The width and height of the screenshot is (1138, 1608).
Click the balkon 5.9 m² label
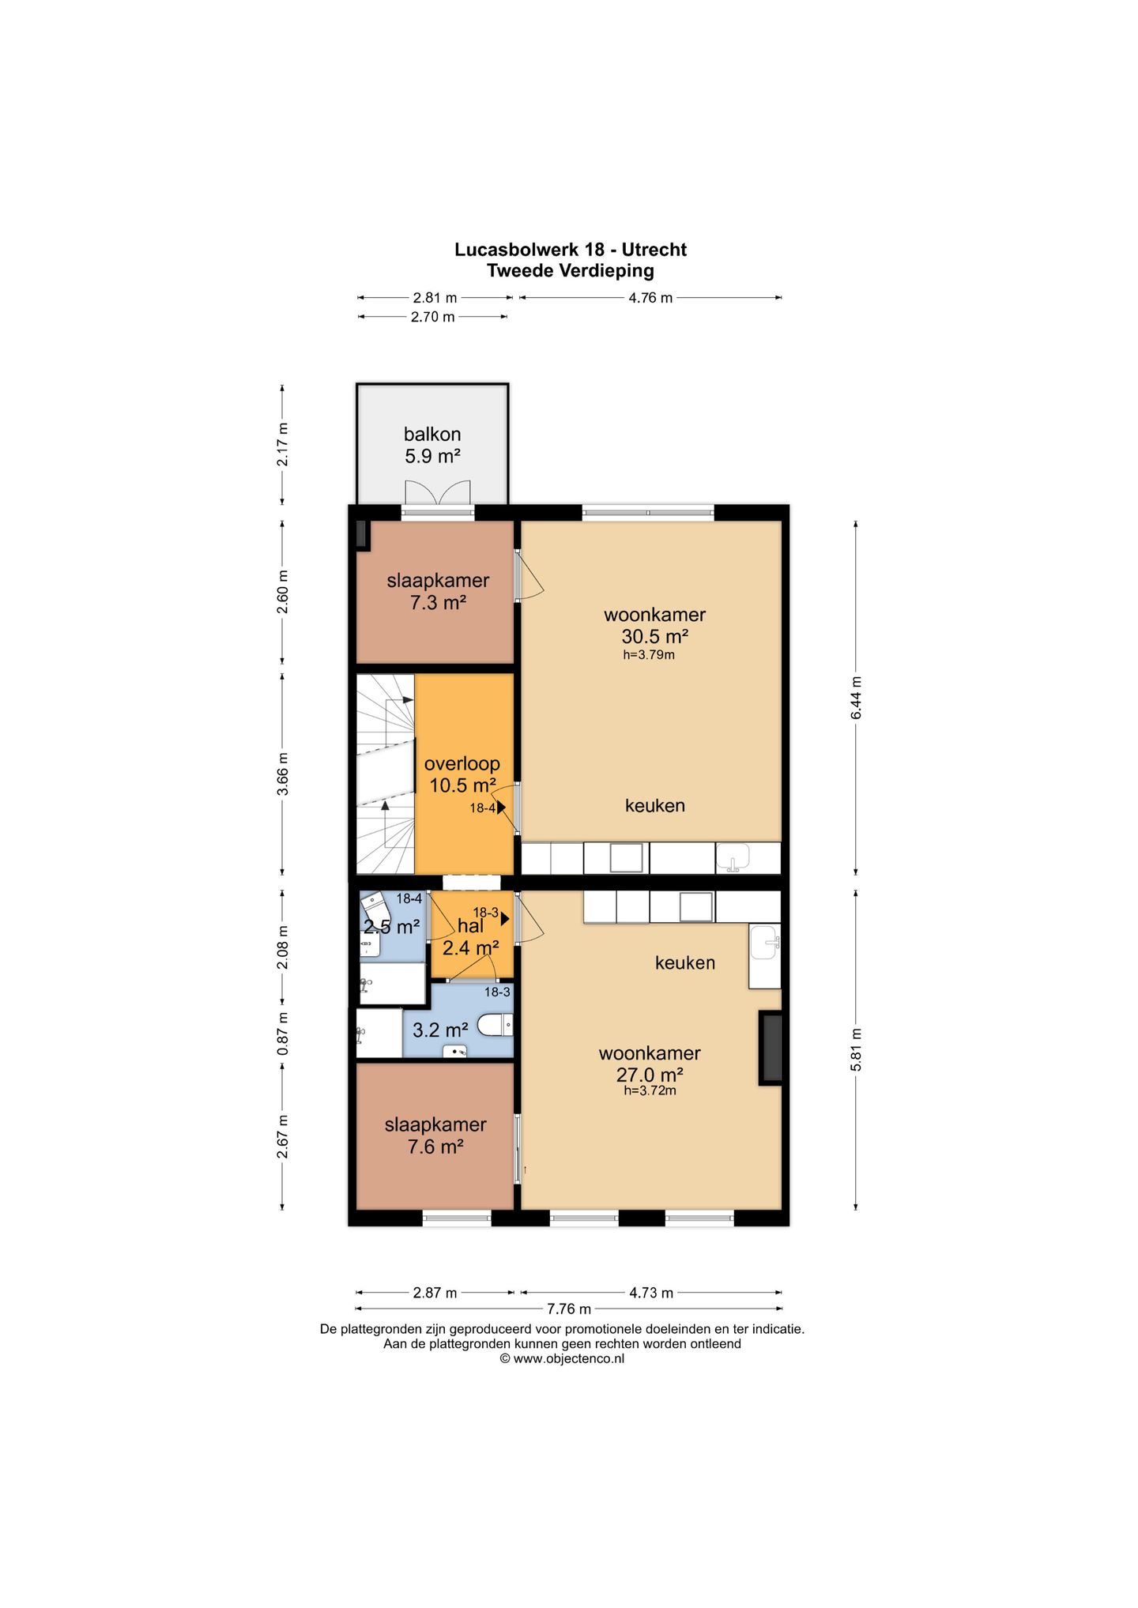click(x=432, y=445)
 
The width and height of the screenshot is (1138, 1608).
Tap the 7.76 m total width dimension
click(x=568, y=1309)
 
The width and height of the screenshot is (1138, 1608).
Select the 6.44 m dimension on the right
click(x=856, y=697)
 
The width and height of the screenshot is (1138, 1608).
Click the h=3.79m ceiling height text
click(x=648, y=654)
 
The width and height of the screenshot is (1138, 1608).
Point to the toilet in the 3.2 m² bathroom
click(x=497, y=1026)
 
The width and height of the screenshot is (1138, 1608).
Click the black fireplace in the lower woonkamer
click(x=771, y=1048)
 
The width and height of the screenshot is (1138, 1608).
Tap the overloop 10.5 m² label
click(x=462, y=774)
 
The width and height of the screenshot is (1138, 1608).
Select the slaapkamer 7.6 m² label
click(x=435, y=1135)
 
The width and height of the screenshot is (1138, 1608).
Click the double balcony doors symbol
click(x=431, y=493)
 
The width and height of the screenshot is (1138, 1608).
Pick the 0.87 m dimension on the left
click(x=283, y=1033)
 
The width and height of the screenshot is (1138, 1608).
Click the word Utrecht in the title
click(x=654, y=250)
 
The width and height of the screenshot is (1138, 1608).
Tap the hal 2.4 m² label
click(x=470, y=937)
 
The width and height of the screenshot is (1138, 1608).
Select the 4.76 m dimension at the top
click(x=650, y=298)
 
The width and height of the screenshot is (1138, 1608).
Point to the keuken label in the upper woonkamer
click(x=654, y=805)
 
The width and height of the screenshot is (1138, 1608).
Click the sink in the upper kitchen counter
click(x=733, y=858)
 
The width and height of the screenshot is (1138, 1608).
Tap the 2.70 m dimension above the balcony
click(x=432, y=317)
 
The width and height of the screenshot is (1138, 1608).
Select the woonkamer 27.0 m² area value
click(x=650, y=1075)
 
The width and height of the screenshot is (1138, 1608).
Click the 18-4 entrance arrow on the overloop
click(x=501, y=808)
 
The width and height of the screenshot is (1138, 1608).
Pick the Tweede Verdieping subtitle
click(x=570, y=271)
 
